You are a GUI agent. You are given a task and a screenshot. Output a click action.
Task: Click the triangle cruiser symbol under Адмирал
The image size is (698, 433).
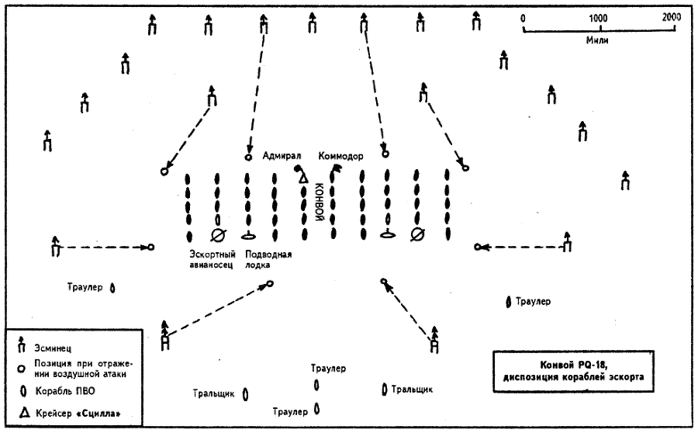(303, 179)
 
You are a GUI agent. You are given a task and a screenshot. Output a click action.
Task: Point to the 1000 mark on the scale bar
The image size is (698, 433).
(597, 18)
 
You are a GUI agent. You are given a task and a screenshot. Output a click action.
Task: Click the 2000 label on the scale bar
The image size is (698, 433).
(672, 18)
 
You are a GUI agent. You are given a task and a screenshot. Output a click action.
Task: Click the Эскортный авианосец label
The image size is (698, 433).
(211, 260)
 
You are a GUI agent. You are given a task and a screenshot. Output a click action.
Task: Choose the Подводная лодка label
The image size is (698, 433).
(268, 260)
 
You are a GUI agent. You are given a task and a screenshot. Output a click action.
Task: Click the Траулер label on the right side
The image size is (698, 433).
(533, 300)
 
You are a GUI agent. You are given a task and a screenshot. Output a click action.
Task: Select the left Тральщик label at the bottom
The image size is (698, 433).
(214, 393)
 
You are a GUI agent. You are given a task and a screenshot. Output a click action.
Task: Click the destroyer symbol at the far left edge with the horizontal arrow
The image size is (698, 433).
(55, 247)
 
